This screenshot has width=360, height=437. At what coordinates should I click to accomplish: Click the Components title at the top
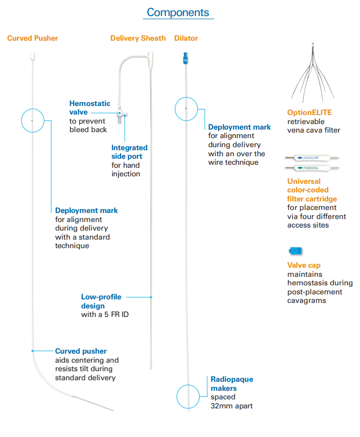[178, 12]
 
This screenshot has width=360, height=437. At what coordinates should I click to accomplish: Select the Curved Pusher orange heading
[33, 38]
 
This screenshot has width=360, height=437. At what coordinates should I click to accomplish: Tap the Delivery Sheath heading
[138, 38]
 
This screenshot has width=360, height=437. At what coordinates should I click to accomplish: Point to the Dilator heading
[186, 38]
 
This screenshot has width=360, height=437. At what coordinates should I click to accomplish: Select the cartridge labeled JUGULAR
[312, 158]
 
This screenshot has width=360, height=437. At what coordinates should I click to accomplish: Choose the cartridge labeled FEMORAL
[312, 167]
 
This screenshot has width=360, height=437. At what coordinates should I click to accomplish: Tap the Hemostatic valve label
[89, 108]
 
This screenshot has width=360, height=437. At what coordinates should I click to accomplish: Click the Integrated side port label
[129, 152]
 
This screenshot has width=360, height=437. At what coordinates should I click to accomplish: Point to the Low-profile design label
[101, 301]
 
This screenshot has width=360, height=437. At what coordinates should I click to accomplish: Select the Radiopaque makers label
[232, 384]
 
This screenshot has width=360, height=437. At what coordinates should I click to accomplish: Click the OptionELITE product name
[309, 113]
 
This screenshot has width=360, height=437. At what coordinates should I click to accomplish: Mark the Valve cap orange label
[304, 265]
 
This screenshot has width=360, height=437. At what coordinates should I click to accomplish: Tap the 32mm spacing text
[231, 405]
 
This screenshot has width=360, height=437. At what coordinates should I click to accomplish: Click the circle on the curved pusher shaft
[32, 121]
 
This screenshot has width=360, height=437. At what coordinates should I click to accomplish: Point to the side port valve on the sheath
[121, 116]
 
